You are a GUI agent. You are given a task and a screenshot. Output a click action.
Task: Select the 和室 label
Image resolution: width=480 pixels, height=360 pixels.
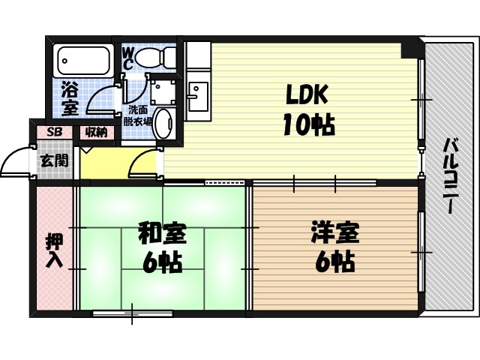point(162,233)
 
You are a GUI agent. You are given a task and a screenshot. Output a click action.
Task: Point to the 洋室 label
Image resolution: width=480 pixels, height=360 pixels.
point(335,233)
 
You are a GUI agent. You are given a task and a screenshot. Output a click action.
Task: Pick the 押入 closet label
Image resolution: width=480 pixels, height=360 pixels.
point(54,251)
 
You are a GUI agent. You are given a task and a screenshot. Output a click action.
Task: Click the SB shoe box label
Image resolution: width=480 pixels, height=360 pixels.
point(55,132)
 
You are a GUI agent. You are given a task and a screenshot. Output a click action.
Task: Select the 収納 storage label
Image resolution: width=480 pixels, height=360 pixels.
point(95,132)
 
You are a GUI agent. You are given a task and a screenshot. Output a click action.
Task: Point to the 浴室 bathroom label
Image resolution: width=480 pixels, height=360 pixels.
point(69,98)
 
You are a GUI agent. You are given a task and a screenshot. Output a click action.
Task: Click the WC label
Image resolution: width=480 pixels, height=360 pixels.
point(128,58)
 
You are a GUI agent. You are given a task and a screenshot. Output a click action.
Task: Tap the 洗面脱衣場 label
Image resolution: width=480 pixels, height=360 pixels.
point(137,115)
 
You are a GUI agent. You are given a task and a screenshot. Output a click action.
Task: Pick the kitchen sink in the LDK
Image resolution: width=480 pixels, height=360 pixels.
point(198,96)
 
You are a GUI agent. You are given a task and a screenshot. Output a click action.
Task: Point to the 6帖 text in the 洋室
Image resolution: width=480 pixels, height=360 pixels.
point(335,262)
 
